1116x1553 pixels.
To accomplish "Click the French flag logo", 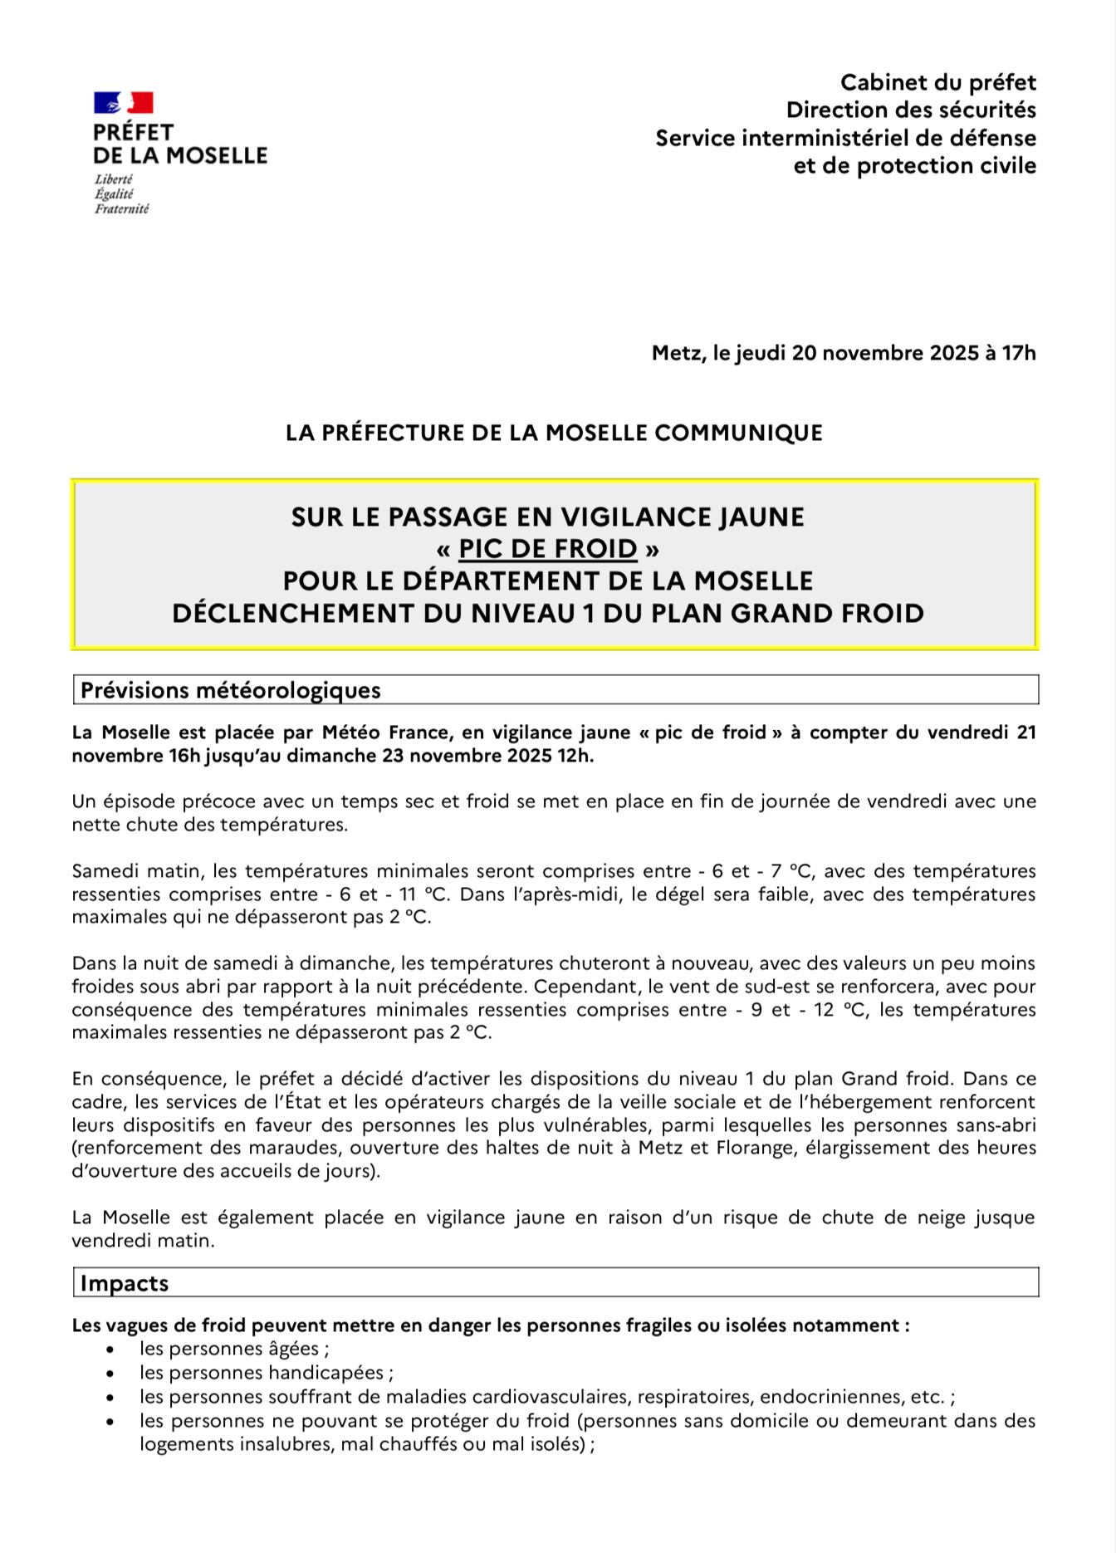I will pos(123,103).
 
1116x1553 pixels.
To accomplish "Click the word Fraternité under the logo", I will pos(121,209).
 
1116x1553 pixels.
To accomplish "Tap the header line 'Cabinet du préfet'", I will pos(937,82).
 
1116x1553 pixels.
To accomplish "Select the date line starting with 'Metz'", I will pos(844,353).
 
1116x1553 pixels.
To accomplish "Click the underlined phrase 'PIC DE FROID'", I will pos(548,549).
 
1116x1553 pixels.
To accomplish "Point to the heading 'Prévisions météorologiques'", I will pos(231,690).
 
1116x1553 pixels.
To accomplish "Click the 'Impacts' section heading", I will pos(125,1283).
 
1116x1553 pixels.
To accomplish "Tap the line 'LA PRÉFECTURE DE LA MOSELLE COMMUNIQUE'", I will pos(554,433).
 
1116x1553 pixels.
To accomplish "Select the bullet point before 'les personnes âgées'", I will pos(110,1350).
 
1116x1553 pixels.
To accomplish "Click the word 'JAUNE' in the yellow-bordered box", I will pos(761,517).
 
